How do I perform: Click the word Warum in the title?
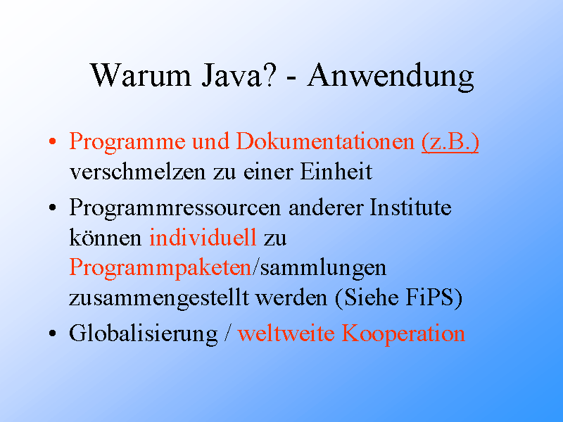coord(140,75)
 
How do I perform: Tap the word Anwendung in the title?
coord(391,77)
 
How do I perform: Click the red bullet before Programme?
coord(52,141)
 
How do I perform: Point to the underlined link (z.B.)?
coord(450,142)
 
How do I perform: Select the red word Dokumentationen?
coord(325,141)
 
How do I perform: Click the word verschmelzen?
coord(137,172)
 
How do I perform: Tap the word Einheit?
coord(336,171)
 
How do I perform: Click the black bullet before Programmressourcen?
coord(52,207)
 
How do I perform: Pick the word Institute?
coord(410,207)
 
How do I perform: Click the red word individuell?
coord(203,237)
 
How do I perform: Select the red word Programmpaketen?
coord(160,269)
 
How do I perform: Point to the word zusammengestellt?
coord(159,298)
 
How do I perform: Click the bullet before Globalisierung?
coord(52,333)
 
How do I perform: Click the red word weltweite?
coord(286,333)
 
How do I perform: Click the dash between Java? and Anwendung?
coord(291,77)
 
